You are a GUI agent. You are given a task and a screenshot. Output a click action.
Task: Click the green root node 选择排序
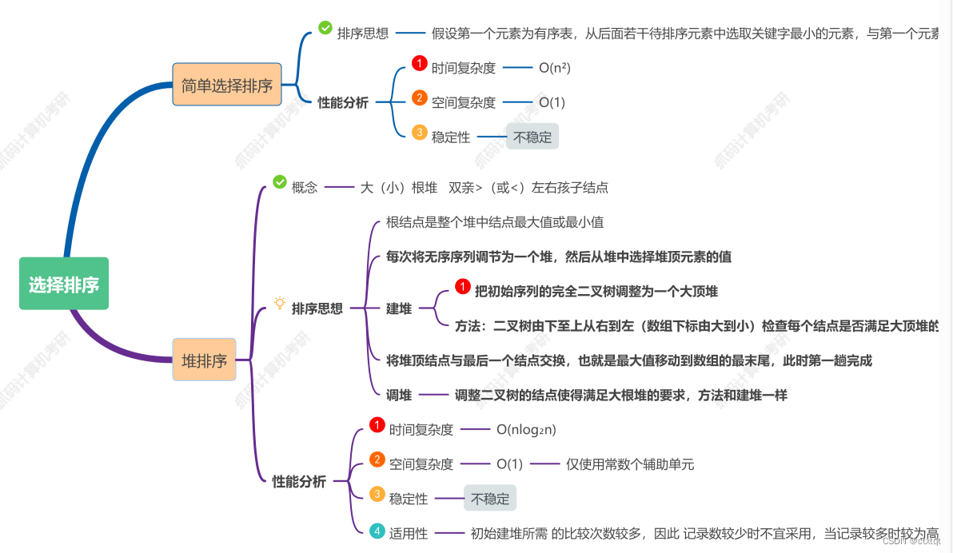(x=64, y=284)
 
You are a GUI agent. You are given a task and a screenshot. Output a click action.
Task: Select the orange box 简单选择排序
(x=227, y=85)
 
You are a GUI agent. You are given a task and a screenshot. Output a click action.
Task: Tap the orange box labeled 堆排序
(x=205, y=360)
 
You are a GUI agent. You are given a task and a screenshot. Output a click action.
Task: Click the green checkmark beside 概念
(x=280, y=182)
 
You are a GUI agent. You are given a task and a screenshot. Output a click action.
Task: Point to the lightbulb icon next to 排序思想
(x=280, y=303)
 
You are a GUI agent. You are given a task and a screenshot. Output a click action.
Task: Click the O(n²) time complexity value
(x=555, y=68)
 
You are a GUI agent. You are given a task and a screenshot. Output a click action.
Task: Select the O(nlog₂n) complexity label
(x=526, y=429)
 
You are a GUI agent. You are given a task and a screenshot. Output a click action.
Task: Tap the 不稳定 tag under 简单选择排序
(x=532, y=137)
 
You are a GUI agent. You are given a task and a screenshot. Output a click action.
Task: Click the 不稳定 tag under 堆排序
(x=490, y=499)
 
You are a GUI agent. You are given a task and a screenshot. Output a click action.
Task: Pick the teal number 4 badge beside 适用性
(x=377, y=531)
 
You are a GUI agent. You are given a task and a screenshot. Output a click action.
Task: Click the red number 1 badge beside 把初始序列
(x=463, y=286)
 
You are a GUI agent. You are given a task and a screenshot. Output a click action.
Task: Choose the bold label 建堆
(x=399, y=308)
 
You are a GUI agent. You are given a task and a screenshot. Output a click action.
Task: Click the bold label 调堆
(x=399, y=395)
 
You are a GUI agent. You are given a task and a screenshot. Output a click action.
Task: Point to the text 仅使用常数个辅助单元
(x=630, y=464)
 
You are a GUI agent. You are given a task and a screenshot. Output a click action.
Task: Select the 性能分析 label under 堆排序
(x=299, y=482)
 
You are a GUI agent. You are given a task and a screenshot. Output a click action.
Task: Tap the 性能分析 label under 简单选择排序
(x=343, y=102)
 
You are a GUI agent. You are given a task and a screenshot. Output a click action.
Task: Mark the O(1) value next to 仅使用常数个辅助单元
(x=509, y=464)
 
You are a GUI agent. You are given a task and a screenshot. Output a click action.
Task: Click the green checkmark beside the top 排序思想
(x=325, y=28)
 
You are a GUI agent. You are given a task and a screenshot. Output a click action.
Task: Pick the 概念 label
(x=305, y=188)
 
